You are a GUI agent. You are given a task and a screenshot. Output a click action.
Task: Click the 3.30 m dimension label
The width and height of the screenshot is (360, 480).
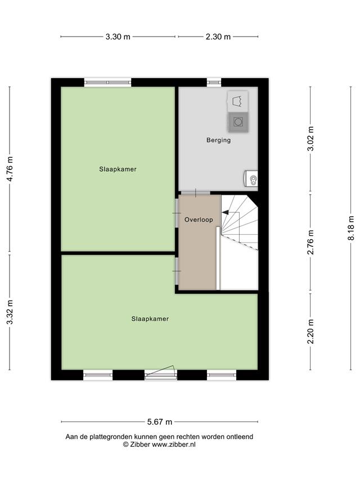[118, 37]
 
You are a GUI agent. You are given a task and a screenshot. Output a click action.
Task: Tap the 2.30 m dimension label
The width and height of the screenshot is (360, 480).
[218, 37]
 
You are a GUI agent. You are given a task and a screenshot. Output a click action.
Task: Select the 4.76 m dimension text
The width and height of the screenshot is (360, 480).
[10, 169]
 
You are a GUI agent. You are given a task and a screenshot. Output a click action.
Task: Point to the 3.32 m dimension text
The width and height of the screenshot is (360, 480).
[10, 312]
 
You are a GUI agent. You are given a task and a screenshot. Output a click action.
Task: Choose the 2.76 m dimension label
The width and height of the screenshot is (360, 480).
[310, 242]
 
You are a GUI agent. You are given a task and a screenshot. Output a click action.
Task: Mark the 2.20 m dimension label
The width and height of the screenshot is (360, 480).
[310, 331]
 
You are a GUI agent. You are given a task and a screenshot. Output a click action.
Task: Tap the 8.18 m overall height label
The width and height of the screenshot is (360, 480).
[351, 228]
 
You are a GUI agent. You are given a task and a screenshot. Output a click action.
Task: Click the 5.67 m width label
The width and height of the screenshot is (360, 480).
[160, 422]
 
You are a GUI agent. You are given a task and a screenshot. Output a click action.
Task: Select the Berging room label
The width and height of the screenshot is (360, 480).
[218, 140]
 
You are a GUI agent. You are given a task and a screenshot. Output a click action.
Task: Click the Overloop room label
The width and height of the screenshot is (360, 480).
[199, 219]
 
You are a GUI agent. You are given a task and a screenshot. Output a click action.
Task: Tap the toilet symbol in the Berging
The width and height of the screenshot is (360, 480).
[251, 178]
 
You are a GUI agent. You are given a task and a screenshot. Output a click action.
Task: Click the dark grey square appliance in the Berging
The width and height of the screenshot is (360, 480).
[238, 122]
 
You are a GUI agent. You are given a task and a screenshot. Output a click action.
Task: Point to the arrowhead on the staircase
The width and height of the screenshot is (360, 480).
[225, 212]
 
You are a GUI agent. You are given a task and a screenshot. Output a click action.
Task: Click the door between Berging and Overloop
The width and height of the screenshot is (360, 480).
[195, 193]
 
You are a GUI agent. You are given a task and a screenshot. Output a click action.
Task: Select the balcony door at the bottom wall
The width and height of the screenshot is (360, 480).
[161, 373]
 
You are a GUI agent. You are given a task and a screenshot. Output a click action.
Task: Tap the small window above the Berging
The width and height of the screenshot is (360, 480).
[214, 82]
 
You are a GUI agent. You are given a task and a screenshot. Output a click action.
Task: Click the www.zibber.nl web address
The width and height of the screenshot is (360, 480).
[174, 445]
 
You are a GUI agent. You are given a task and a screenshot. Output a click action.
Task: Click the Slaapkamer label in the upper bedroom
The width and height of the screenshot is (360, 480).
[118, 169]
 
